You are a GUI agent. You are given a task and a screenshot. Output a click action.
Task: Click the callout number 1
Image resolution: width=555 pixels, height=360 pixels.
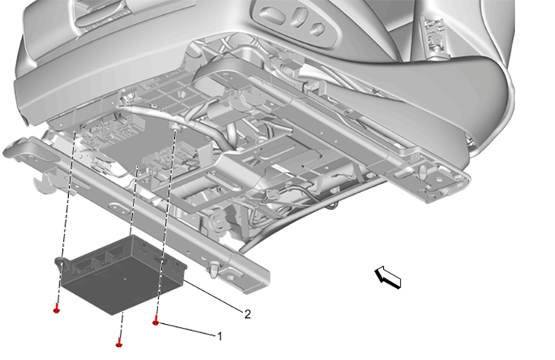[x=219, y=337]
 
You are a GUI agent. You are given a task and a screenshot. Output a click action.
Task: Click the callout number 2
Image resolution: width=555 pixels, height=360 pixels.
[x=247, y=313]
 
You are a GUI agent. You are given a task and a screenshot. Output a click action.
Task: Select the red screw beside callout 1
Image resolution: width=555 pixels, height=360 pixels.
[x=156, y=322]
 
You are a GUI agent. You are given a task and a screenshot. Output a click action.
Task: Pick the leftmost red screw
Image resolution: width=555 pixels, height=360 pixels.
[x=57, y=309]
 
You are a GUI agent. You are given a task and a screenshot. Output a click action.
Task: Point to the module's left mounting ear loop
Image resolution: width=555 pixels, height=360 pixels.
[x=59, y=262]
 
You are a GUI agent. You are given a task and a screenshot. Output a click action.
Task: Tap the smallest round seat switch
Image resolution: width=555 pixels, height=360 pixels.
[x=317, y=30]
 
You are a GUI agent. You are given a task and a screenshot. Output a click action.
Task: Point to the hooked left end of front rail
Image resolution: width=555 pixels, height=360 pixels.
[x=16, y=150]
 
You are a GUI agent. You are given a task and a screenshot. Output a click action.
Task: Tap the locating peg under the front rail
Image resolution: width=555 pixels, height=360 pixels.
[x=216, y=266]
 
